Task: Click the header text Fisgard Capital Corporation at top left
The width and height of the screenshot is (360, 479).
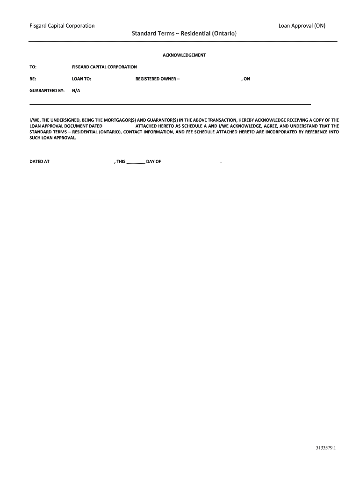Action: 62,26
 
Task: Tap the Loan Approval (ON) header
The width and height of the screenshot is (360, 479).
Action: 302,26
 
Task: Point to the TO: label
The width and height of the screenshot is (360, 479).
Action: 33,67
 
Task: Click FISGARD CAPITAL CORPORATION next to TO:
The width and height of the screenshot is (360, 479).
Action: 104,67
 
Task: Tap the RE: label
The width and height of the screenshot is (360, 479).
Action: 33,79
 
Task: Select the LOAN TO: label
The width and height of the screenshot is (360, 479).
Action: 81,79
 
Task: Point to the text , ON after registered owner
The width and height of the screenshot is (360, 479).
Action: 245,79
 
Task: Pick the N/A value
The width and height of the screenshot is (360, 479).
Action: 76,91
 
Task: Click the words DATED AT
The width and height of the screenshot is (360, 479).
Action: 40,162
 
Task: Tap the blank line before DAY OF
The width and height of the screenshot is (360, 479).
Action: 136,163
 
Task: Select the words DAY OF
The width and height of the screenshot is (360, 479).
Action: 153,162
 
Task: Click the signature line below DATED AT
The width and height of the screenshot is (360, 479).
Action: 71,199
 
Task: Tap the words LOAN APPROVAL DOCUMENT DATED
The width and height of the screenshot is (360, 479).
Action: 66,126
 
